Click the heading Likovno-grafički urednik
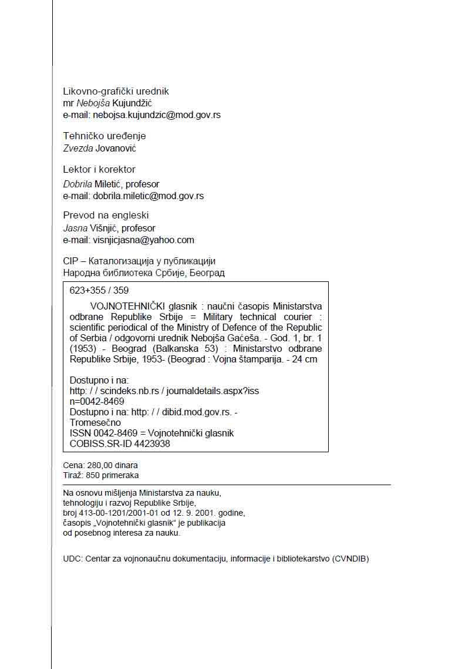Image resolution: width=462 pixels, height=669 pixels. pos(116,91)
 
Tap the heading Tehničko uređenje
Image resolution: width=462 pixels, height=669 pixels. pos(104,136)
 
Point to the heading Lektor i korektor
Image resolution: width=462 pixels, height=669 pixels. pos(99,170)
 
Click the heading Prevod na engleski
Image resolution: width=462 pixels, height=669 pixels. pos(106,215)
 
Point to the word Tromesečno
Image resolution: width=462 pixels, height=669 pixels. pos(95,422)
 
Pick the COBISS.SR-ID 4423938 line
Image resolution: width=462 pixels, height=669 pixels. pos(120,444)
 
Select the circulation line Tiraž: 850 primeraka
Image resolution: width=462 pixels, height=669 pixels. pos(101,475)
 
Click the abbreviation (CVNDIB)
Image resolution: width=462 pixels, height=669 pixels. pos(350,559)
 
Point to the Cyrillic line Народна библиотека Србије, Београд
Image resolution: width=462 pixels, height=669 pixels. pos(144,273)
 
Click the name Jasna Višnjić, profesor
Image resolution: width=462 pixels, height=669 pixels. pos(109,228)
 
